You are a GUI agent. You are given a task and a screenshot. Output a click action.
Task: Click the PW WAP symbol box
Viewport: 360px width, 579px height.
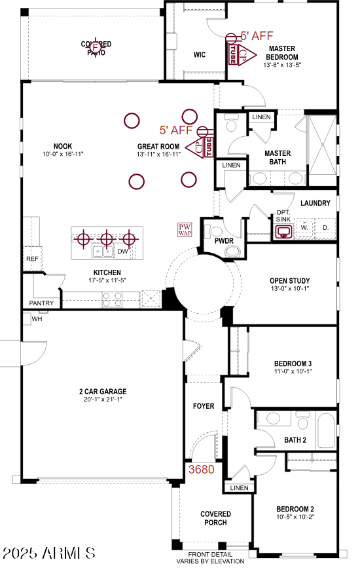coord(185,229)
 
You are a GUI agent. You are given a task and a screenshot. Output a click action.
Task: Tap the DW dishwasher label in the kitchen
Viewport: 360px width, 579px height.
coord(123,252)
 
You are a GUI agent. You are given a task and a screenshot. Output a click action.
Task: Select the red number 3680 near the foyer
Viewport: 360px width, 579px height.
coord(202,470)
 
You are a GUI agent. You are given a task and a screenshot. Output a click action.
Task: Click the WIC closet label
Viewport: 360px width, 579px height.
coord(200,55)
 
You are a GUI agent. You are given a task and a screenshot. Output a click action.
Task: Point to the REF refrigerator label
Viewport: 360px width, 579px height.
coord(32,259)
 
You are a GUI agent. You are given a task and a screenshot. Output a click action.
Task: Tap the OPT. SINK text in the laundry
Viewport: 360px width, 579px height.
coord(283,216)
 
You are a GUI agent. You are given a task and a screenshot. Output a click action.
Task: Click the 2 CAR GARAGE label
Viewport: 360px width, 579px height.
coord(103,392)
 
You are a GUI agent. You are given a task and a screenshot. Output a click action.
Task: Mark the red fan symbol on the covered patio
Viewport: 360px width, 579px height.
coord(96,47)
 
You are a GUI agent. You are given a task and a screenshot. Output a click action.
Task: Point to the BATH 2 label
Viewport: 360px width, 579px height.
coord(295,440)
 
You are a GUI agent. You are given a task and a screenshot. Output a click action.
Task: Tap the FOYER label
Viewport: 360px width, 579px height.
coord(204,406)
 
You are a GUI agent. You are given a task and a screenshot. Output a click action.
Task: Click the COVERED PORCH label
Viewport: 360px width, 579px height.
coord(215,518)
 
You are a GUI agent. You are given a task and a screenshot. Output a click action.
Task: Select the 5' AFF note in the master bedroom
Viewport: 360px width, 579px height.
coord(257,37)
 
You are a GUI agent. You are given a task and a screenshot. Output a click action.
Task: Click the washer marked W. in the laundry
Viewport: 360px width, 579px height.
coord(305,228)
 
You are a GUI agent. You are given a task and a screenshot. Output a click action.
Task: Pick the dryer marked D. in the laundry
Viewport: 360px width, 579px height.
coord(325,228)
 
